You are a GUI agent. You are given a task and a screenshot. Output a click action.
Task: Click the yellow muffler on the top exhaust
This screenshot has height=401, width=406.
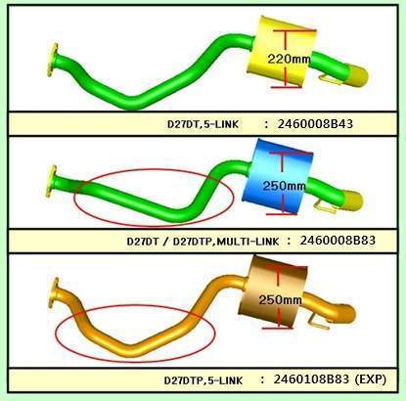282,51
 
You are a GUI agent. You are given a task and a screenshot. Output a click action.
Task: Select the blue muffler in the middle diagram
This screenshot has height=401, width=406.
277,175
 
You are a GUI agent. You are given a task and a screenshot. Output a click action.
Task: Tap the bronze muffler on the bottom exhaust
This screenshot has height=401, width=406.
273,290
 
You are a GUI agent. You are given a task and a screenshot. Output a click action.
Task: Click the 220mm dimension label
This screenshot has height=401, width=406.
289,59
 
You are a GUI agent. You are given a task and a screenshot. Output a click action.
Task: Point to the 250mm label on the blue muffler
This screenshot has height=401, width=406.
284,186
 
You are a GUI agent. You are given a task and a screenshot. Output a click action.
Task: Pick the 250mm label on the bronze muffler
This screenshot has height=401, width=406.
280,299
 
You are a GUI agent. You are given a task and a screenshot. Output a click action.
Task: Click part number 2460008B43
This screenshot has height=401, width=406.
315,124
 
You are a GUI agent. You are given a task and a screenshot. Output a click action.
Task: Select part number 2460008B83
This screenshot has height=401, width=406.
338,241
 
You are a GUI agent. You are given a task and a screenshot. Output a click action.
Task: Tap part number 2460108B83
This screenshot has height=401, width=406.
311,379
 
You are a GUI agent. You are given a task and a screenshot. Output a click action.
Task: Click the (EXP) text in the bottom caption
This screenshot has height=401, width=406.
370,379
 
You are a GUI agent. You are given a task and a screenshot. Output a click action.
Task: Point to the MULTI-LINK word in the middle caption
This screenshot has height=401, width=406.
248,242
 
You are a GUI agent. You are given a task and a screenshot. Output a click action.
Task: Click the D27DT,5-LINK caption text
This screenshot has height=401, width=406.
203,124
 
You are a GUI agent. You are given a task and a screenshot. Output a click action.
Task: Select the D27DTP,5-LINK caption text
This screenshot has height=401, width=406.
203,380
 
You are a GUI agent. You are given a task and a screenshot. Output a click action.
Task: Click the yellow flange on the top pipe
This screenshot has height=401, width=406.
53,60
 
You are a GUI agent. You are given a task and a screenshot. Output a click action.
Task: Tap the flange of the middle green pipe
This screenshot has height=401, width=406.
52,181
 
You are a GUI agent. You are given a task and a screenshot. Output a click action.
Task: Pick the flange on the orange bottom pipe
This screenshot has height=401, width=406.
54,292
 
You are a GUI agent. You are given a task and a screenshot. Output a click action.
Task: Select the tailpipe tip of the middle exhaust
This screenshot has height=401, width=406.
352,200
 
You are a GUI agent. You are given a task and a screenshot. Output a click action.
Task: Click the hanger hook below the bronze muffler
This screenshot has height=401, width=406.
319,321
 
